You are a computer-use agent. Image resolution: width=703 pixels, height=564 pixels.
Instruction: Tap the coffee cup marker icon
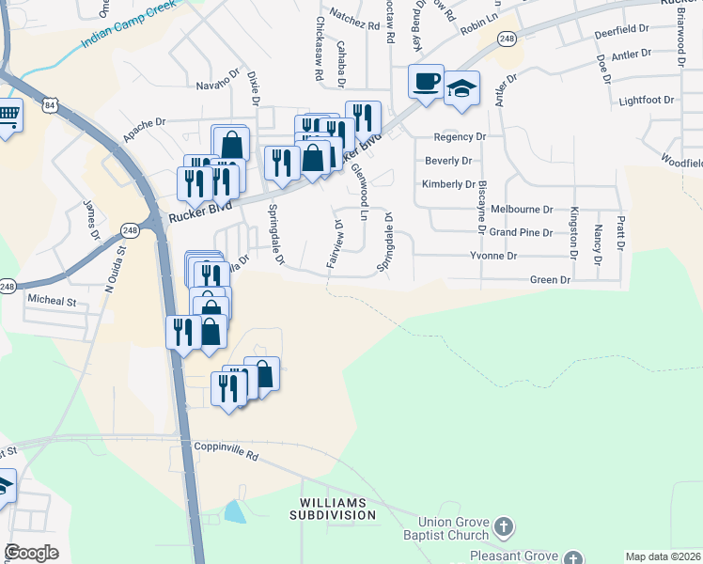pyautogui.click(x=426, y=80)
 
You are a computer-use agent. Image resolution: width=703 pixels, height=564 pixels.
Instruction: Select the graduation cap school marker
pyautogui.click(x=461, y=87)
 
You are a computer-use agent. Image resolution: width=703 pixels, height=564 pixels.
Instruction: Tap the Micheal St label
pyautogui.click(x=51, y=301)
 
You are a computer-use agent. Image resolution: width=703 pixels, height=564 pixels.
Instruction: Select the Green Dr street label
pyautogui.click(x=551, y=280)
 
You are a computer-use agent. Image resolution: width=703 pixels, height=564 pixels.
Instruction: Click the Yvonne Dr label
pyautogui.click(x=493, y=256)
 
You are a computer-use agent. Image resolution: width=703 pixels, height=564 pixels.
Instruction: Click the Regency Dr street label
pyautogui.click(x=455, y=137)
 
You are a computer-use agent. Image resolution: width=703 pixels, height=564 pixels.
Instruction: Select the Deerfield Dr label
pyautogui.click(x=622, y=31)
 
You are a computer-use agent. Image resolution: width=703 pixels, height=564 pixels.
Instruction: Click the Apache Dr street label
pyautogui.click(x=144, y=122)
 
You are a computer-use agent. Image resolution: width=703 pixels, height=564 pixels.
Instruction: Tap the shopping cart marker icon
pyautogui.click(x=8, y=116)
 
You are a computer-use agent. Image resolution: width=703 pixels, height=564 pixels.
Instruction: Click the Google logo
pyautogui.click(x=31, y=553)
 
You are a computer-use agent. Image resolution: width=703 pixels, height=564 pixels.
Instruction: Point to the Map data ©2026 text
pyautogui.click(x=662, y=556)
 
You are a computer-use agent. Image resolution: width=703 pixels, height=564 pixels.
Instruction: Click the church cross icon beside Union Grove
pyautogui.click(x=504, y=527)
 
